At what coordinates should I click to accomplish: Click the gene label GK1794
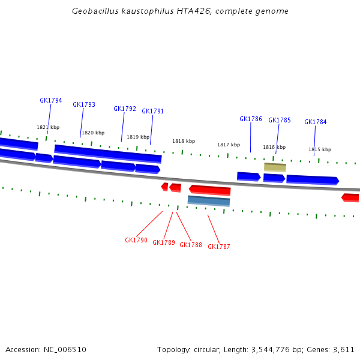[x=51, y=101]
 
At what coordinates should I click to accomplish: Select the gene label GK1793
[x=84, y=104]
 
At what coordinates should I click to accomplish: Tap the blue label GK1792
[x=125, y=109]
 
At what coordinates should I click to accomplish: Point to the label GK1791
[x=152, y=111]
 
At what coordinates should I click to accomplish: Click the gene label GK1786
[x=251, y=119]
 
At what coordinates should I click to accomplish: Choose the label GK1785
[x=280, y=120]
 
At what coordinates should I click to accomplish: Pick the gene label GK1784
[x=316, y=122]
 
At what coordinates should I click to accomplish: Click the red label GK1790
[x=136, y=240]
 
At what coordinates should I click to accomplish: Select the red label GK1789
[x=164, y=242]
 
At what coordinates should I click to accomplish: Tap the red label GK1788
[x=191, y=245]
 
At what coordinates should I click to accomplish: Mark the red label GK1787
[x=219, y=247]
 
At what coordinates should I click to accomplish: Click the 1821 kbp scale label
[x=48, y=127]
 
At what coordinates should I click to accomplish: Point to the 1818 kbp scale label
[x=184, y=141]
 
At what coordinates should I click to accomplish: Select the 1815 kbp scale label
[x=320, y=149]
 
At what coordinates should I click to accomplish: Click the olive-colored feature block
[x=275, y=167]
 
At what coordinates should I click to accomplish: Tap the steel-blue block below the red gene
[x=209, y=200]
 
